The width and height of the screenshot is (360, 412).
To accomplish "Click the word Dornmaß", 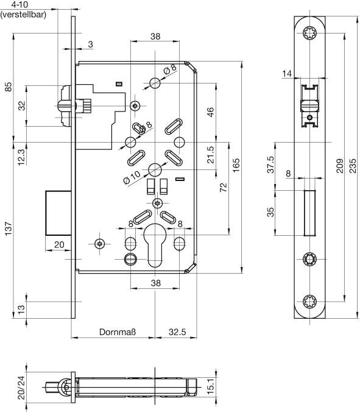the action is [x=118, y=332].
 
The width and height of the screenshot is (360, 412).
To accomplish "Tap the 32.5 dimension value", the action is [x=177, y=332].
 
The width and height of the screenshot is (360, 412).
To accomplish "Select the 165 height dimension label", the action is [x=236, y=165].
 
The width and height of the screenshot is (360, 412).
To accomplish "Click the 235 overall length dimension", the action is [x=353, y=165].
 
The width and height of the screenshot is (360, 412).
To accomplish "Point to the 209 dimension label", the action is [x=340, y=166].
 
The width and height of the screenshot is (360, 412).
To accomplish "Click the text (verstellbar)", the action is [x=23, y=14].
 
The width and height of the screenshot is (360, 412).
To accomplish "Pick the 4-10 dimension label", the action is [x=19, y=4].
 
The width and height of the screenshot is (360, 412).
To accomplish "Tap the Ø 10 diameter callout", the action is [x=132, y=177].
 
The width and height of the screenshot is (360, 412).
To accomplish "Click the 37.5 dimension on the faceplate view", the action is [x=270, y=165].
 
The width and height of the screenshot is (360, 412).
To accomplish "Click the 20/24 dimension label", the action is [x=21, y=388].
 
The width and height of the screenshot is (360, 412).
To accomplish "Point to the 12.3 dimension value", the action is [x=21, y=157].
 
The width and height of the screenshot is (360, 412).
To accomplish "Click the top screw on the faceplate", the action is [x=310, y=33].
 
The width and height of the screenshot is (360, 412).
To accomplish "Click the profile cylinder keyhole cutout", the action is [x=155, y=245].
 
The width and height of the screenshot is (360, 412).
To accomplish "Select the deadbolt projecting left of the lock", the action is [x=58, y=213].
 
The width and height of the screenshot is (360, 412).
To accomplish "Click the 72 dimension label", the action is [x=223, y=187].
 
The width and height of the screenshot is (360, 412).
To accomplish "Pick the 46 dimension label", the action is [x=211, y=112].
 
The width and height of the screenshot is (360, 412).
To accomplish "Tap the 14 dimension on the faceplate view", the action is [x=287, y=74].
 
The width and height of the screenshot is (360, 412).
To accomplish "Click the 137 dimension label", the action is [x=9, y=229].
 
